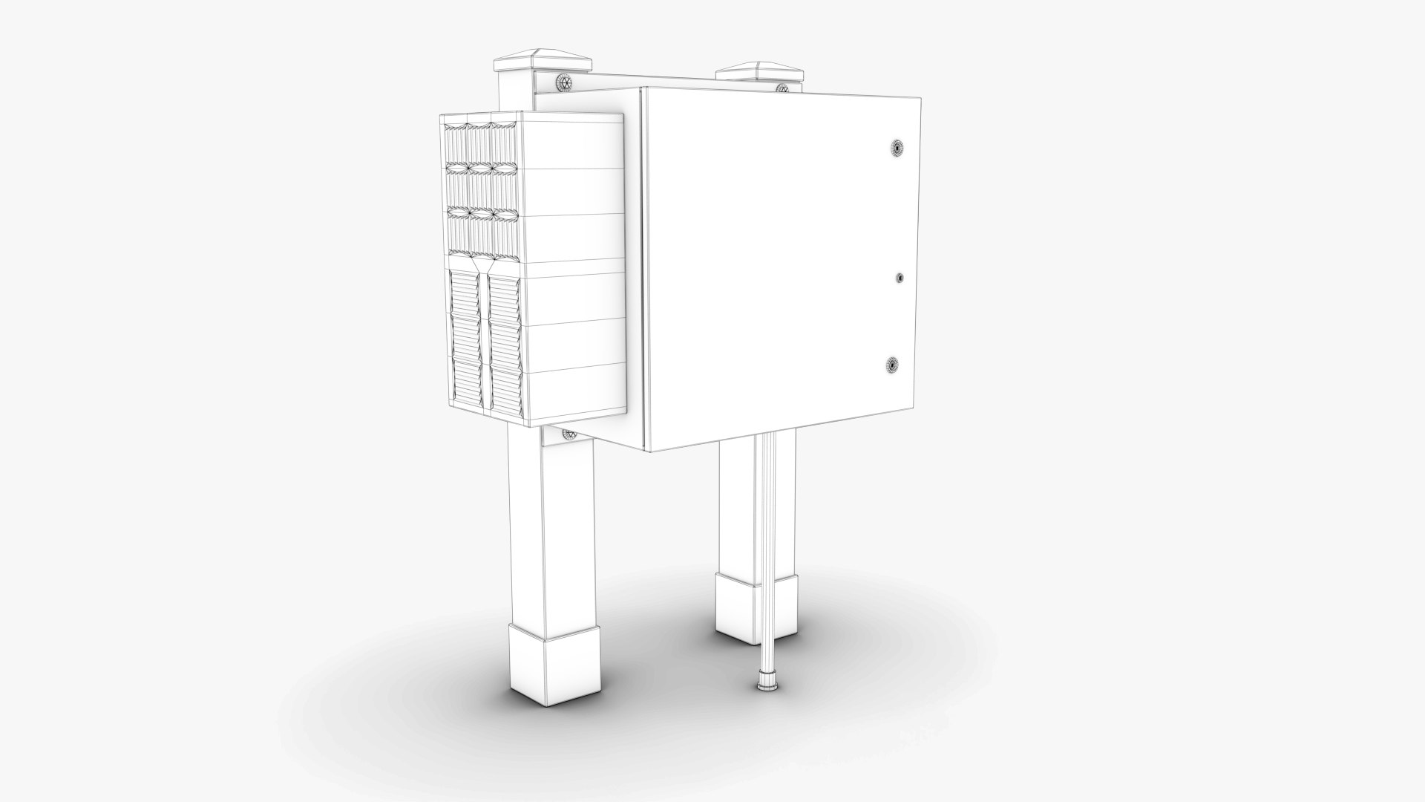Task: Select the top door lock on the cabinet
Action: click(x=897, y=149)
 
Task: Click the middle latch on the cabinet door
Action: click(x=900, y=278)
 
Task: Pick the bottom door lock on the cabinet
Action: click(x=894, y=365)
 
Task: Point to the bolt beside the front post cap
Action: click(x=566, y=82)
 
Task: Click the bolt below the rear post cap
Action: click(x=782, y=88)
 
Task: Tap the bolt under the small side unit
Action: click(x=570, y=434)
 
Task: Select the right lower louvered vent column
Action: click(x=505, y=342)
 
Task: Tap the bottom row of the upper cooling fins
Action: click(x=481, y=235)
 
